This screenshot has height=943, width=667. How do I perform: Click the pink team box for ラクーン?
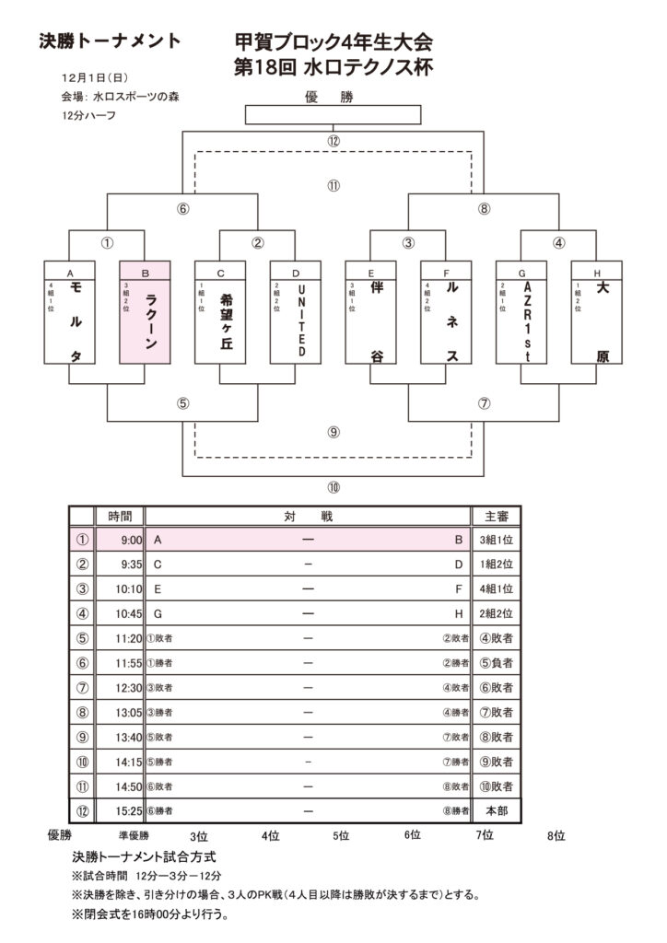pos(145,313)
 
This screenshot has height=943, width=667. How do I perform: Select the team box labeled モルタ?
pos(69,313)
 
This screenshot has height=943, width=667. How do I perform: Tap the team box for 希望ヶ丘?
pos(220,313)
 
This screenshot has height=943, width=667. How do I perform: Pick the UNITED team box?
pos(296,313)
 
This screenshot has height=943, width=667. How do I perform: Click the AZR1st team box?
pos(521,313)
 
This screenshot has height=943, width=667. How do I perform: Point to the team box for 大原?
pos(597,313)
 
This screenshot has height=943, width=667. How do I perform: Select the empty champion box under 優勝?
pos(333,115)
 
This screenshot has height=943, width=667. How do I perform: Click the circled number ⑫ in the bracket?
pos(333,141)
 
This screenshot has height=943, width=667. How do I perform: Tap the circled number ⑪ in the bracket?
pos(333,185)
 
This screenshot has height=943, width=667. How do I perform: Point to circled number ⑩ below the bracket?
pos(333,487)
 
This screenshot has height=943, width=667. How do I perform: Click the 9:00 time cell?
pos(120,541)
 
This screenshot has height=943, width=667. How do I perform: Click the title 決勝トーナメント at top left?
pos(110,41)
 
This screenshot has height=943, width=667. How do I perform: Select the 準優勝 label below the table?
pos(134,836)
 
